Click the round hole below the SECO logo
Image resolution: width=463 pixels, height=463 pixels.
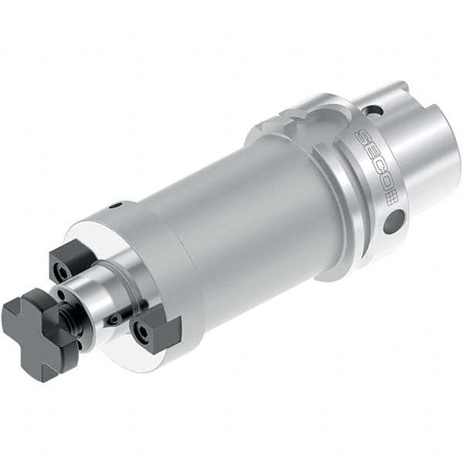point(393,225)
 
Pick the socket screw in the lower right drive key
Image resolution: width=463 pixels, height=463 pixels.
point(144,332)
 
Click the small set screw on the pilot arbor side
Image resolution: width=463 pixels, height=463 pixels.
point(114,318)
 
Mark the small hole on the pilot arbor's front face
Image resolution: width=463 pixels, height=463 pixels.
point(63,293)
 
